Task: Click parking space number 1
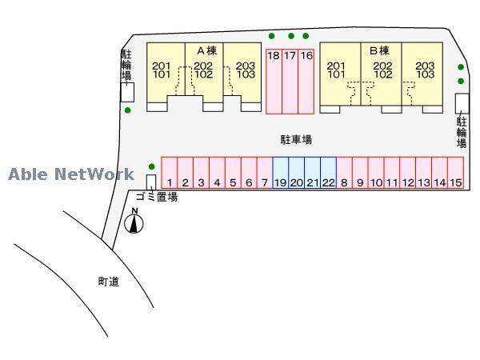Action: (170, 174)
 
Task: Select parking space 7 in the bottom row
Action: (265, 174)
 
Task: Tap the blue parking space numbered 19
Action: (281, 174)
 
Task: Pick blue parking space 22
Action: (328, 174)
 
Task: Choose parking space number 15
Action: (455, 174)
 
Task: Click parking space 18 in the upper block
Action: (274, 80)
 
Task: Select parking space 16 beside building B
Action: (306, 80)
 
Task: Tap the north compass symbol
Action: (134, 220)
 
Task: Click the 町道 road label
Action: (109, 282)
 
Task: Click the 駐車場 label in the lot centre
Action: (296, 139)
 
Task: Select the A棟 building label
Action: (206, 50)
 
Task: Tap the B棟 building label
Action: (379, 50)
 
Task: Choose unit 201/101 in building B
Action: (337, 70)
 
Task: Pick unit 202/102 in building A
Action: (204, 70)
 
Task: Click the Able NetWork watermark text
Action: (71, 174)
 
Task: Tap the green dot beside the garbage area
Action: (151, 166)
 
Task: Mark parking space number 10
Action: (376, 174)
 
